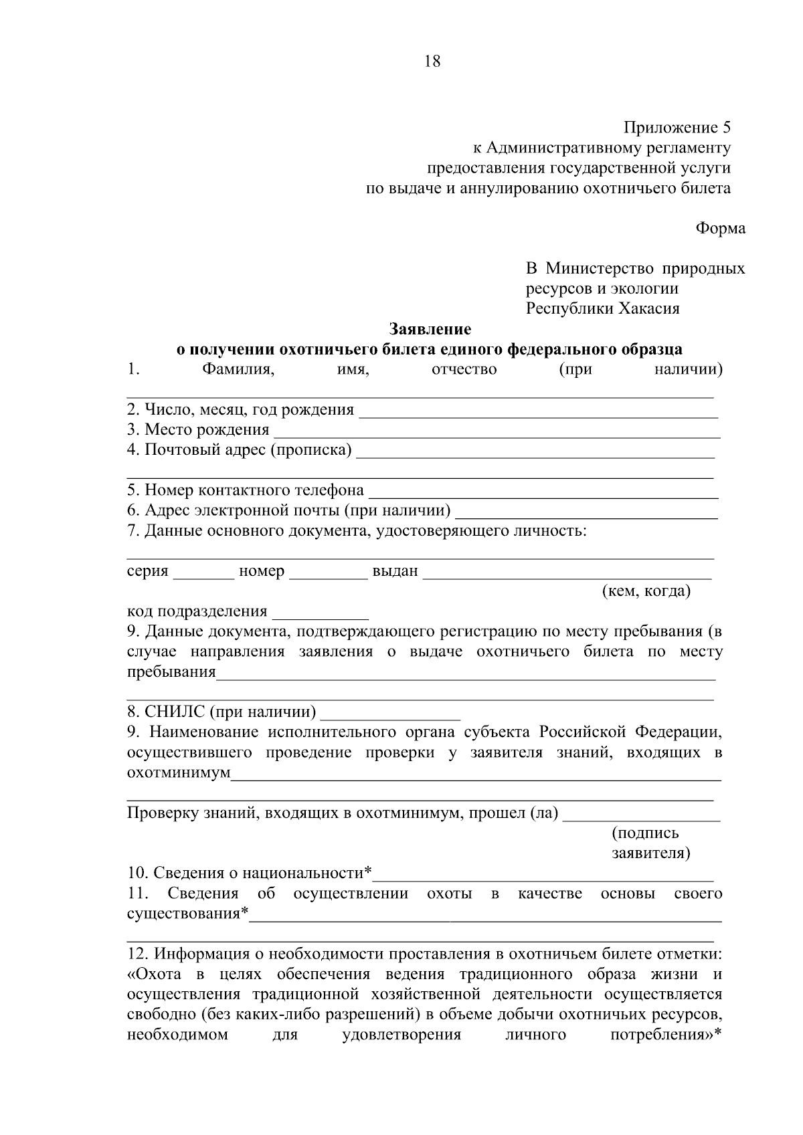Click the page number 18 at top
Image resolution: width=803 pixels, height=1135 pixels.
point(432,62)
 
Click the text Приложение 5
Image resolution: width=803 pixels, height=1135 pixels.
point(677,127)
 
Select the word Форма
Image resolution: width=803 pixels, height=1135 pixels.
point(720,228)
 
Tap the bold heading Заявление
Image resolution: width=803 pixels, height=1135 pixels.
point(430,329)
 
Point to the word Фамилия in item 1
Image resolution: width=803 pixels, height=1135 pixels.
point(238,369)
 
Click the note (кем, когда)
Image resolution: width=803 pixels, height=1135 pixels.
point(646,591)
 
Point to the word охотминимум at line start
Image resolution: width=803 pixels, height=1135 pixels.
point(179,773)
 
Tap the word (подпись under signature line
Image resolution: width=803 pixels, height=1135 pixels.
point(645,833)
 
